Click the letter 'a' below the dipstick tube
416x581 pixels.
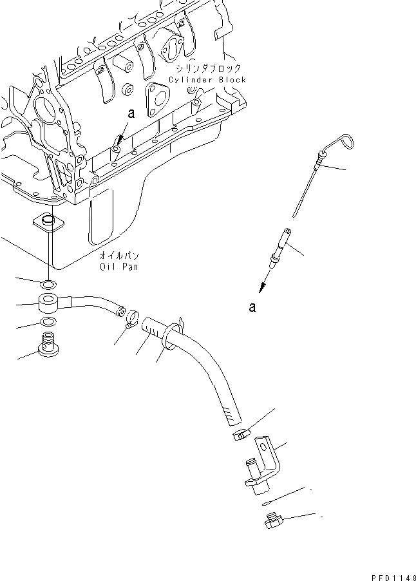[x=252, y=308]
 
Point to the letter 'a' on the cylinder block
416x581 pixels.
[x=131, y=113]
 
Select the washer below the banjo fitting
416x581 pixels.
[x=48, y=323]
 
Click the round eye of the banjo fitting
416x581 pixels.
[x=48, y=302]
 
